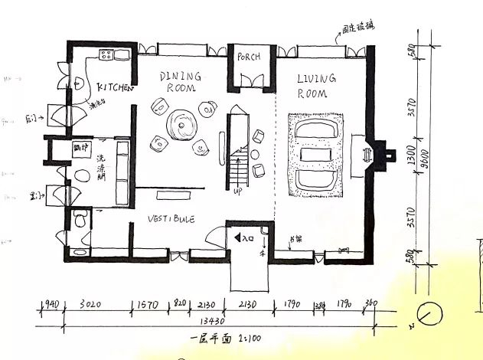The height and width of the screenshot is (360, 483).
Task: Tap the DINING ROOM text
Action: pos(180,82)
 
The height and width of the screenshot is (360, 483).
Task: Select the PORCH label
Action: pos(249,57)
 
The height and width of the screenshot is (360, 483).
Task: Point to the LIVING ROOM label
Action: pos(312,86)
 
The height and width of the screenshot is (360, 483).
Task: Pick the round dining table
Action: pos(183,124)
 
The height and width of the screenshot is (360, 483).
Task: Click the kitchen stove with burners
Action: pos(105,54)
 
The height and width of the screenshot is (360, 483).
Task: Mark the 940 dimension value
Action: pos(51,304)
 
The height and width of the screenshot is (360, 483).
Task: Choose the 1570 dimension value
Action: pos(145,304)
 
